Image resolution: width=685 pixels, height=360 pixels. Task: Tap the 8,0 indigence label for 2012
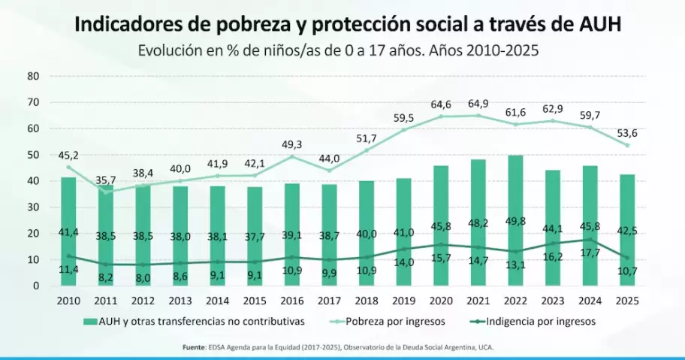(142, 277)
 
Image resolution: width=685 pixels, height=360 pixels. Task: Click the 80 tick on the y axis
(32, 76)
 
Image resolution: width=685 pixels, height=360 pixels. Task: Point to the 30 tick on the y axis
(32, 207)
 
